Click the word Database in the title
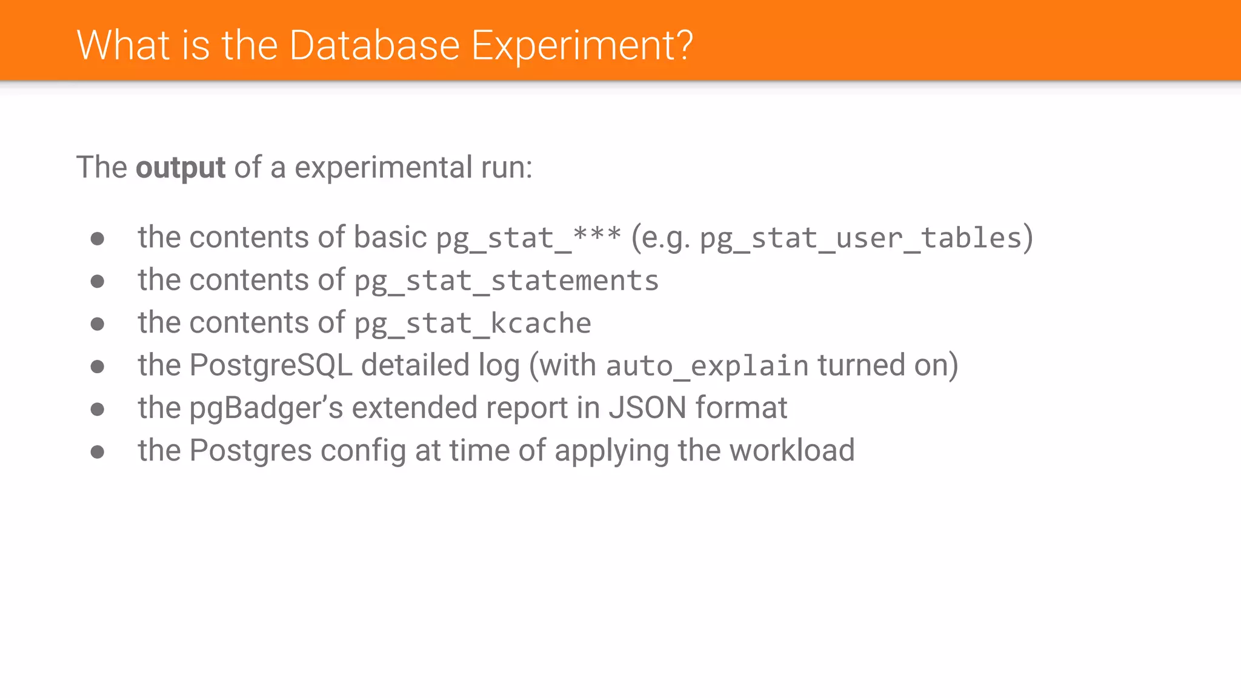tap(374, 45)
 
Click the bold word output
tap(181, 168)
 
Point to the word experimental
tap(383, 168)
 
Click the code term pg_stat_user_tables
tap(861, 238)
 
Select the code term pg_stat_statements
tap(507, 281)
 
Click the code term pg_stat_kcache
tap(473, 324)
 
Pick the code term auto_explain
tap(707, 367)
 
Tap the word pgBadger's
tap(267, 409)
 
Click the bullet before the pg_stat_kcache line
tap(98, 324)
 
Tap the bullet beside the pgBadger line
tap(98, 410)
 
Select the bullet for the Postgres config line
tap(98, 452)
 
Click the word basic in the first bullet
tap(390, 238)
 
